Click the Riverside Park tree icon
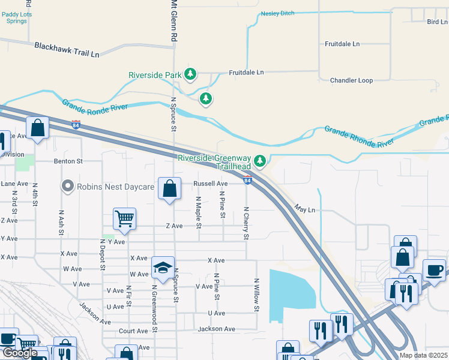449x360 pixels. [190, 74]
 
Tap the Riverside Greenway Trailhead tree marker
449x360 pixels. [259, 160]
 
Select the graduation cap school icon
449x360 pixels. [162, 268]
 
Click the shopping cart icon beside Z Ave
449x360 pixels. [124, 219]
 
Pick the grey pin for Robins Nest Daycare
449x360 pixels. [68, 186]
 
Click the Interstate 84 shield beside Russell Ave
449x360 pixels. [247, 179]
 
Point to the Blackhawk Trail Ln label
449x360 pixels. [67, 49]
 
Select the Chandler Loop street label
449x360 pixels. [351, 80]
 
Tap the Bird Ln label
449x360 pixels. [436, 22]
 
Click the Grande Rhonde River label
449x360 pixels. [358, 136]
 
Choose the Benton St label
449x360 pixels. [68, 161]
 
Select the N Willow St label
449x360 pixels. [256, 295]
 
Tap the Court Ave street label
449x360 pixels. [133, 331]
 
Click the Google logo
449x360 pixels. [20, 353]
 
